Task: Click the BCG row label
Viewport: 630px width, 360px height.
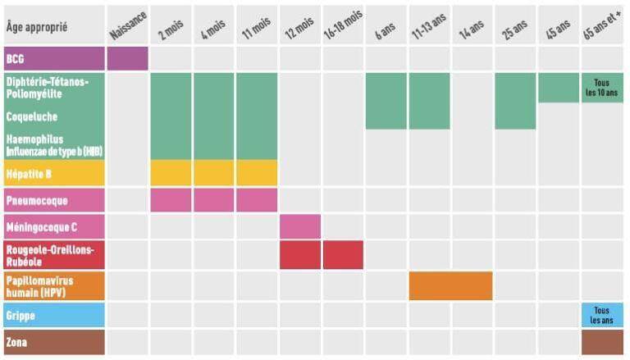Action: click(53, 59)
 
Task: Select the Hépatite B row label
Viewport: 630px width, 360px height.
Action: click(53, 173)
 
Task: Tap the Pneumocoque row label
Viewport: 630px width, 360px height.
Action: click(53, 200)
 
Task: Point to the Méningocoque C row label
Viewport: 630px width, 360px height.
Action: click(53, 226)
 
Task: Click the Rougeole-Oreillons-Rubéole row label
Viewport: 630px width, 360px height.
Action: click(53, 255)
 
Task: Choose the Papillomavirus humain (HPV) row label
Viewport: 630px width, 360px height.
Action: click(53, 285)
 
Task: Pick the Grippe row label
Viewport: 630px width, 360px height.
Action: click(53, 315)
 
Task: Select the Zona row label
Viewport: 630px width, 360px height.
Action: click(53, 342)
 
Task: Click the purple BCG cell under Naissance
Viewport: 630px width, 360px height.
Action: click(127, 59)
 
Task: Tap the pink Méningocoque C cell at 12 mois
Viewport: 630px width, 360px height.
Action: click(300, 226)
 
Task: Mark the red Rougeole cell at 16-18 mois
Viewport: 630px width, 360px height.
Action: click(343, 255)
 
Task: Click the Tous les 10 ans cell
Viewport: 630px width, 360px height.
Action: click(601, 88)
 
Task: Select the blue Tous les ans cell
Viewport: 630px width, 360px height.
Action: click(601, 315)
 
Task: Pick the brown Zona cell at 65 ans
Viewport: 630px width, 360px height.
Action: click(601, 342)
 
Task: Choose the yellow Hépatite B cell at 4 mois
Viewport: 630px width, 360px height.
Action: click(213, 173)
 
